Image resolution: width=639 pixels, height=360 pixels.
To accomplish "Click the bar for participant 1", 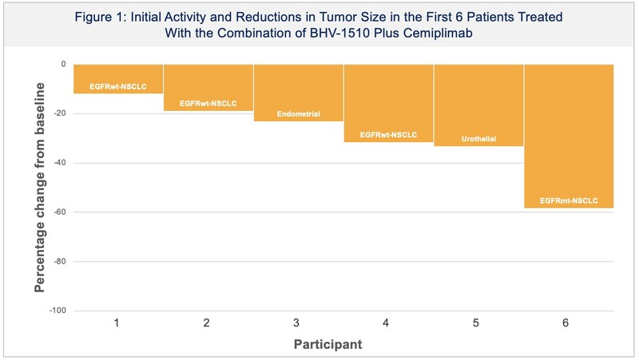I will pyautogui.click(x=118, y=78).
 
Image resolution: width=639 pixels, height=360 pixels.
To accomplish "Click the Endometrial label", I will pyautogui.click(x=299, y=114).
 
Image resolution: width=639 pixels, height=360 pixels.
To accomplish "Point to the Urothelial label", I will pyautogui.click(x=478, y=139).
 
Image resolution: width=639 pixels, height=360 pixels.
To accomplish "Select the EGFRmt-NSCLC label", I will pyautogui.click(x=569, y=200).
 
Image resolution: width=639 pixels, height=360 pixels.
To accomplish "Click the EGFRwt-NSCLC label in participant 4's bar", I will pyautogui.click(x=389, y=136).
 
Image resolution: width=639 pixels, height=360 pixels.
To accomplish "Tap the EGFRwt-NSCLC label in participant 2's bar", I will pyautogui.click(x=208, y=104).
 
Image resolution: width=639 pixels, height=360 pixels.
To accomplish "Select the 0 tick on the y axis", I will pyautogui.click(x=62, y=64).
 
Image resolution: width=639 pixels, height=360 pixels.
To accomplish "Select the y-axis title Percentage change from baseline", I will pyautogui.click(x=39, y=188).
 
